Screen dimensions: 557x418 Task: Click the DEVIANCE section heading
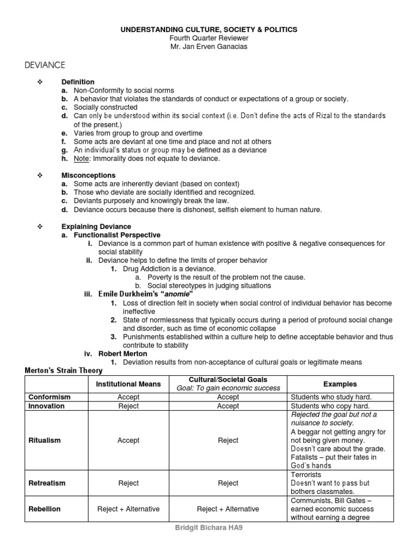[x=45, y=65]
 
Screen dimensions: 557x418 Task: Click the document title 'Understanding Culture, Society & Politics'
[x=208, y=29]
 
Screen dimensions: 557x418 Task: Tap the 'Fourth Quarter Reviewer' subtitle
[x=208, y=38]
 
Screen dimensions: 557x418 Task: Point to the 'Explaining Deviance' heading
[x=96, y=226]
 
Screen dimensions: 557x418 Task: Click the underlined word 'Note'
[x=81, y=158]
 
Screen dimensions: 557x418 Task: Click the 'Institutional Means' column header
[x=128, y=384]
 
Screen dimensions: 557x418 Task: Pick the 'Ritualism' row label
[x=45, y=441]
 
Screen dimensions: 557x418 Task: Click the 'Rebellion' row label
[x=45, y=509]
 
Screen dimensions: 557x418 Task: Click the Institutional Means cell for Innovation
[x=128, y=406]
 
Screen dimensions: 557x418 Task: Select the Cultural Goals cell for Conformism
[x=228, y=398]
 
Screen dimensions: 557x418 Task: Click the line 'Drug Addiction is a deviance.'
[x=169, y=269]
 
